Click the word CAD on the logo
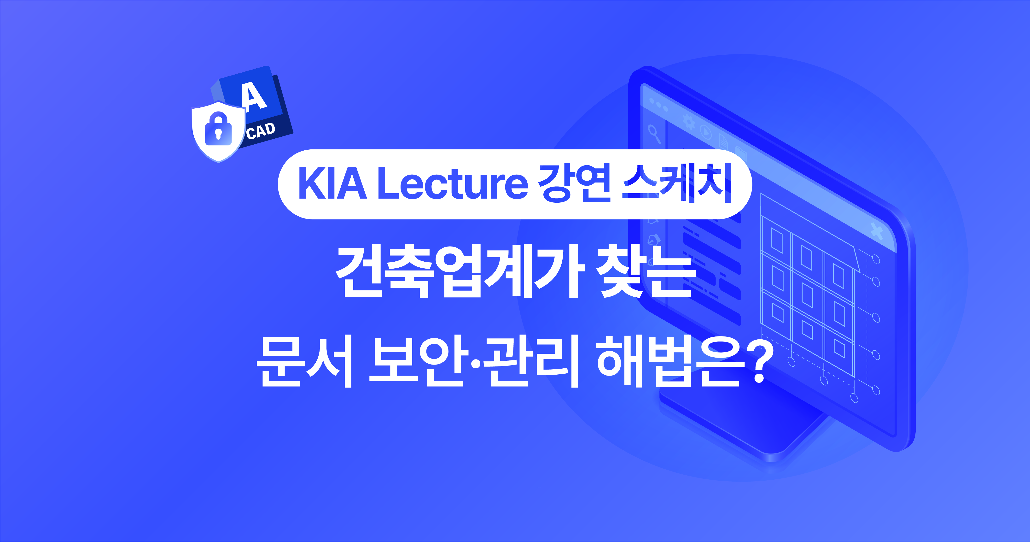[261, 131]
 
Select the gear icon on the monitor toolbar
[688, 122]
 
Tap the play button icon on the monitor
[706, 132]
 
